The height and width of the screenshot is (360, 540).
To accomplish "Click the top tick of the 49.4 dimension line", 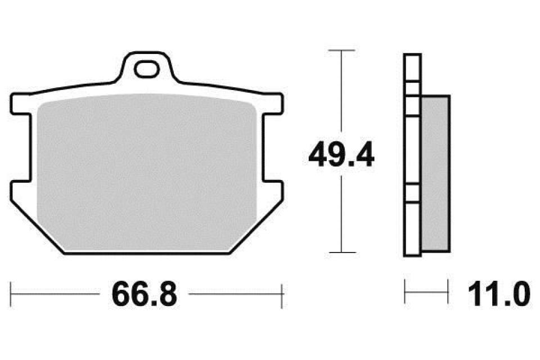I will (341, 51).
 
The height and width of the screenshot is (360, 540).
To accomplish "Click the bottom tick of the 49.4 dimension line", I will (341, 253).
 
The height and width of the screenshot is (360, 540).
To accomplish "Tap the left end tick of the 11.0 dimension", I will (406, 293).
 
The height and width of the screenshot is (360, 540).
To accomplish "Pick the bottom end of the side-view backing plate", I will (412, 254).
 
